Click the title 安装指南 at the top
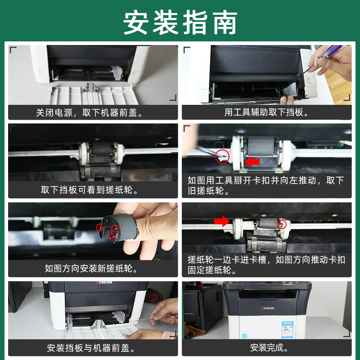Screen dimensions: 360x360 tap(180, 22)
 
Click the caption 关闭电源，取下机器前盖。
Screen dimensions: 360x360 tap(90, 112)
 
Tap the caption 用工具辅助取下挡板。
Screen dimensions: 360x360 tap(266, 112)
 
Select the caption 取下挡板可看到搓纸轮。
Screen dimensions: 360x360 tap(90, 190)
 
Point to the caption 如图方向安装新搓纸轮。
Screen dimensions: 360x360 tap(91, 268)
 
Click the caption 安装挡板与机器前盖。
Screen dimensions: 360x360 tap(91, 348)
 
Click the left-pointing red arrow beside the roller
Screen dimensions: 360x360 tap(252, 162)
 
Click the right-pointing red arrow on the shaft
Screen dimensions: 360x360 tap(222, 221)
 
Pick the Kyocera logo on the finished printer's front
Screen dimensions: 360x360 tap(268, 308)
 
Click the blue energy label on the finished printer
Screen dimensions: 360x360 tap(288, 329)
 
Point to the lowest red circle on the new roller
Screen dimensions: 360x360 tap(112, 237)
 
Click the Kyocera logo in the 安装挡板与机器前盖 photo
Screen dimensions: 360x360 tap(104, 283)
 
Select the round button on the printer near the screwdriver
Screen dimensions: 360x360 tap(309, 81)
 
